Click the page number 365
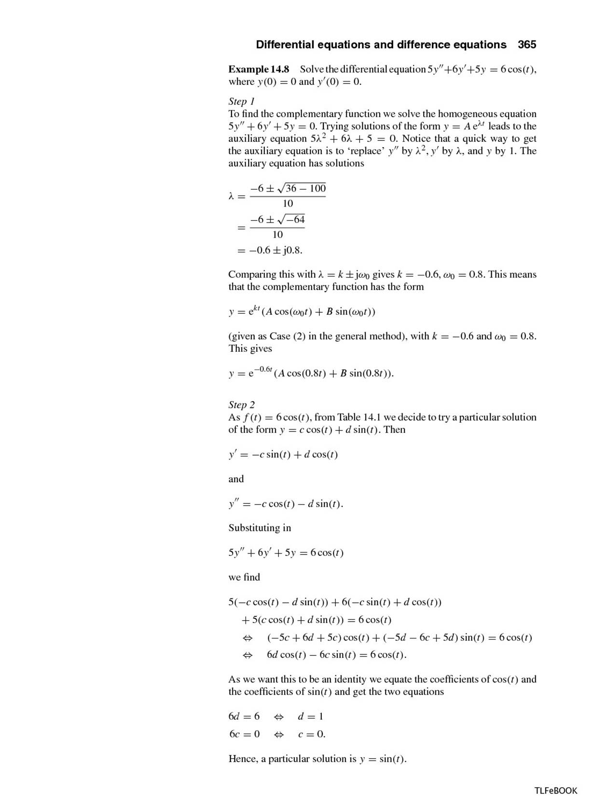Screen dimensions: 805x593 coord(527,45)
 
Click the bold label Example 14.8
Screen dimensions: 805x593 coord(259,69)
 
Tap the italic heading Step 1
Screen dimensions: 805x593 coord(241,101)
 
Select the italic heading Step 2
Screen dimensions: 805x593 coord(241,404)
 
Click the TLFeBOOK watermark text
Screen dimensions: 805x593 coord(555,791)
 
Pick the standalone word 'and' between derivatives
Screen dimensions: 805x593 coord(236,479)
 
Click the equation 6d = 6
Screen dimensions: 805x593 coord(244,716)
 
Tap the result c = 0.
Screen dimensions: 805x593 coord(311,735)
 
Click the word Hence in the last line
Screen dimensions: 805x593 coord(243,759)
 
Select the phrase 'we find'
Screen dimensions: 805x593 coord(244,577)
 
